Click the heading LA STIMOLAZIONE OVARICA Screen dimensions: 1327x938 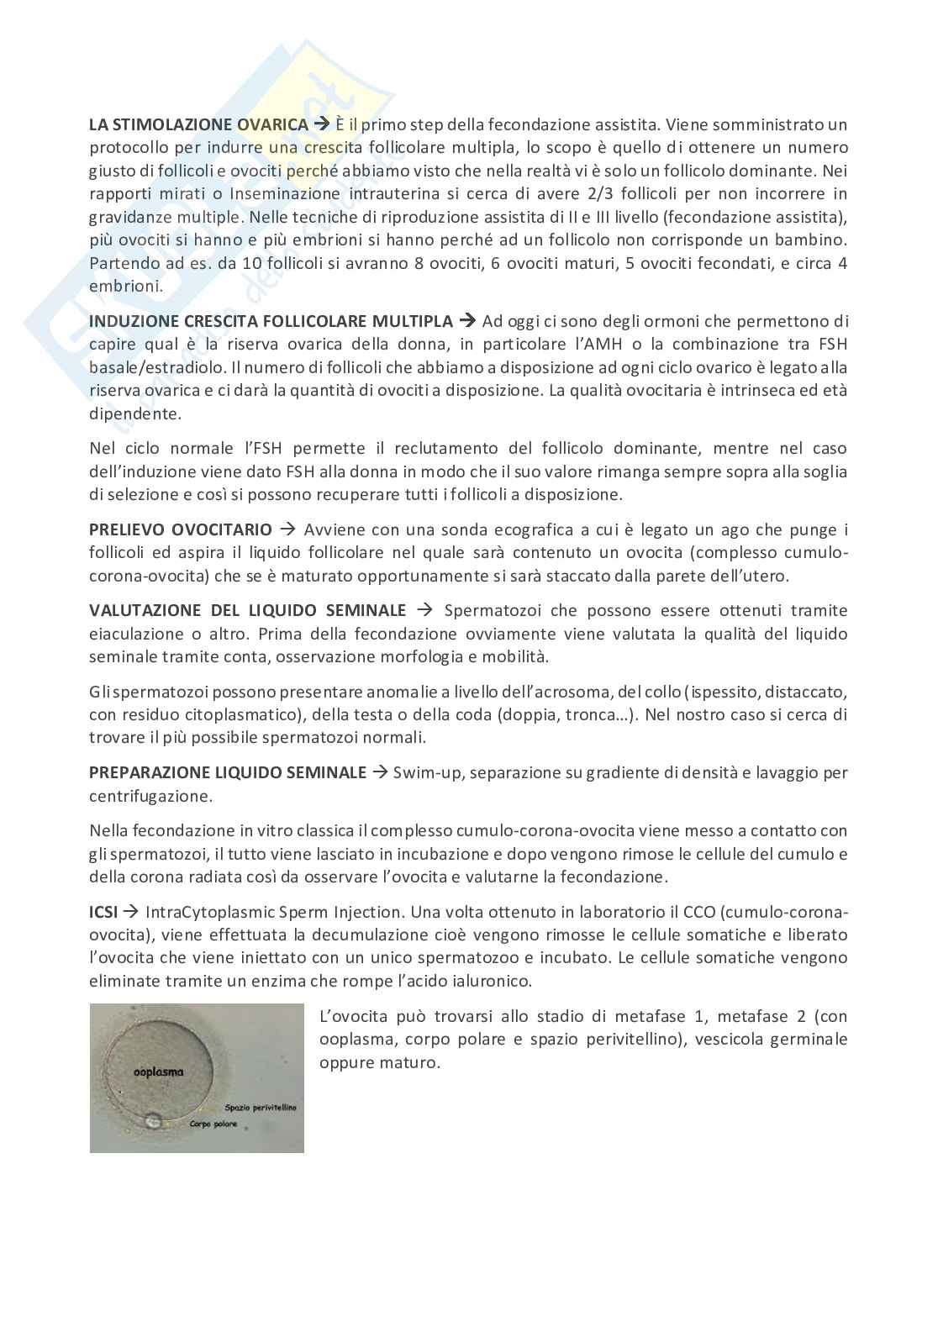[x=198, y=125]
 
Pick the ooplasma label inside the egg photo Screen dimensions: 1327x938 [x=159, y=1072]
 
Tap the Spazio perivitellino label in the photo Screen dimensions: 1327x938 [x=260, y=1108]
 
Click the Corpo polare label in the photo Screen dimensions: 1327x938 [x=213, y=1124]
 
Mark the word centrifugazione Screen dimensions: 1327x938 [x=150, y=795]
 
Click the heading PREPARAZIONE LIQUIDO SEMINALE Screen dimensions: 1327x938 [x=227, y=772]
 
